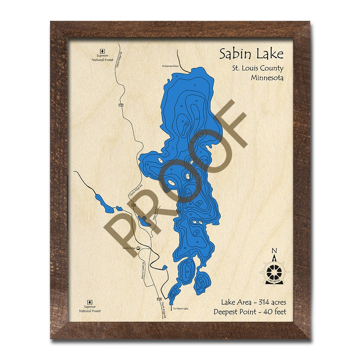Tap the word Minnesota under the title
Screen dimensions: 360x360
pos(267,78)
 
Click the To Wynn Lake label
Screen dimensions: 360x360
pos(180,308)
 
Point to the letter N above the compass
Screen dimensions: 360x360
pos(274,251)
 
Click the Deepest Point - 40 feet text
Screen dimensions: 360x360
pos(250,312)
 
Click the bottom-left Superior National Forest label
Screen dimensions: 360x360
pos(90,309)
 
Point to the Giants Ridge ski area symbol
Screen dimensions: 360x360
pos(138,248)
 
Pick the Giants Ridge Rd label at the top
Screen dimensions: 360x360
pos(118,58)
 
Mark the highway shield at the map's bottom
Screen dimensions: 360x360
pos(159,299)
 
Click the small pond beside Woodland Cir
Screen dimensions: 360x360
pos(143,220)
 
